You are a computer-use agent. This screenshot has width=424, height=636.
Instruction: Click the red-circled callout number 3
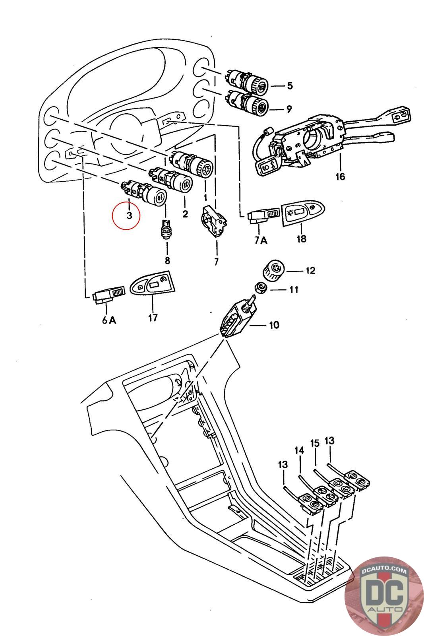(x=129, y=215)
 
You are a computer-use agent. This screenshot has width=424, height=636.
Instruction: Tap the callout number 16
(x=340, y=176)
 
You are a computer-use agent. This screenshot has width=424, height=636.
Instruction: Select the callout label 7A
(x=261, y=240)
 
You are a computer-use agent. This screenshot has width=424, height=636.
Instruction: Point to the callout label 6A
(x=109, y=320)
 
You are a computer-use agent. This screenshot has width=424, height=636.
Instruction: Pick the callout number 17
(x=153, y=318)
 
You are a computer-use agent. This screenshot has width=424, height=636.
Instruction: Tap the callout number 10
(x=274, y=324)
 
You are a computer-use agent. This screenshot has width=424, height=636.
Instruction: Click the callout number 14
(x=299, y=450)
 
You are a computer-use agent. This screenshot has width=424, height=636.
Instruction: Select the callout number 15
(x=315, y=443)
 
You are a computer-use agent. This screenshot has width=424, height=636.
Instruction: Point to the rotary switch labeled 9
(x=248, y=103)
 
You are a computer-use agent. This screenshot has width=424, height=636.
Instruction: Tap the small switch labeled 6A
(x=109, y=295)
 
